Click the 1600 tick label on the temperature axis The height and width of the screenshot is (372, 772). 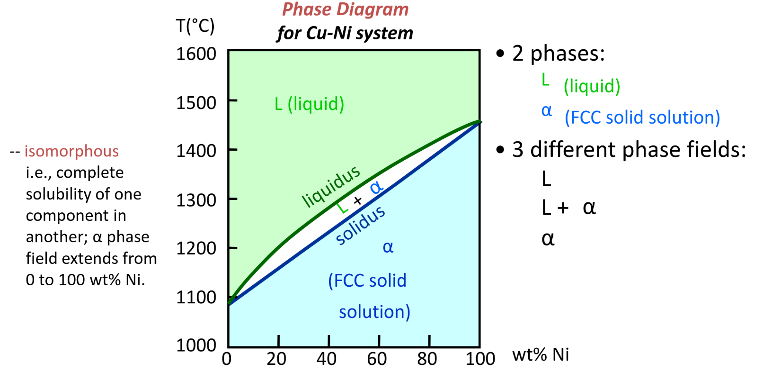pos(196,54)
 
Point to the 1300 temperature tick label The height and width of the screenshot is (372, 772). pos(196,200)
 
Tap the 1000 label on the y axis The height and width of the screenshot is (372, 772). pos(196,345)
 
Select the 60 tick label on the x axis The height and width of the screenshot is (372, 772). pos(377,359)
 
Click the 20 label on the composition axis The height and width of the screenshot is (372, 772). pos(276,359)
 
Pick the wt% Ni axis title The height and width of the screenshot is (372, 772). pos(541,354)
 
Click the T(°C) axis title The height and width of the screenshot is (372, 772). pos(195,26)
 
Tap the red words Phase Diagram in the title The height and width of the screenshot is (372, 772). pos(345,9)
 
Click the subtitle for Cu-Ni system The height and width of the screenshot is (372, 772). pos(345,33)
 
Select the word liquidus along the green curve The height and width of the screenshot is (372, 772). pos(331,187)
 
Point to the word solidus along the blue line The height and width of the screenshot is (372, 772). pos(360,225)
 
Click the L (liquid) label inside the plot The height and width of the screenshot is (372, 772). pos(309,104)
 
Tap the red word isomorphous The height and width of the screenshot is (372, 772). pos(71,151)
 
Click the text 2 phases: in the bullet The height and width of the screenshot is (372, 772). pos(558,54)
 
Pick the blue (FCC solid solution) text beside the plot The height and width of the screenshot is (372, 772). pos(642,118)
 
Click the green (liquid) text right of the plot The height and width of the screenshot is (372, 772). pos(592,86)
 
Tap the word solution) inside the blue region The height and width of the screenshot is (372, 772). pos(374,312)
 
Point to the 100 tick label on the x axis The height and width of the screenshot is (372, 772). pos(480,359)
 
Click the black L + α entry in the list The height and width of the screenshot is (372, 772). pos(568,208)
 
